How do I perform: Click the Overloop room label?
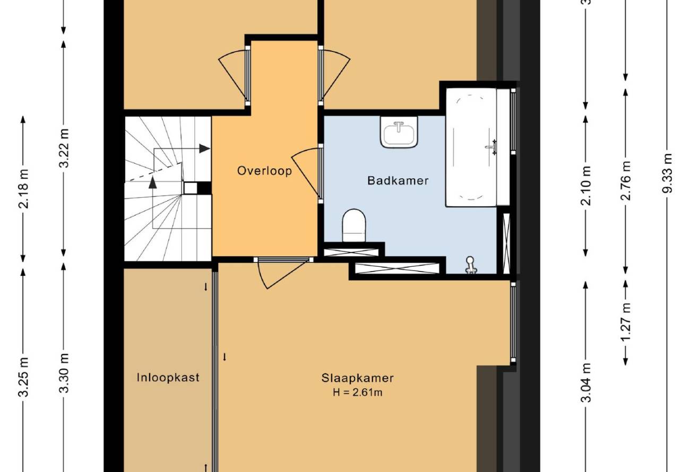click(264, 171)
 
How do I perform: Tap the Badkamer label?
click(398, 180)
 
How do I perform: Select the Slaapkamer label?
click(358, 378)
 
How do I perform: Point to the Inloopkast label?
click(168, 377)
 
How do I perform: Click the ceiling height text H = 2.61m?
click(358, 392)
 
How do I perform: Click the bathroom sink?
click(399, 132)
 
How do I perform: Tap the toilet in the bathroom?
click(354, 225)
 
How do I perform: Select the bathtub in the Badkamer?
click(471, 147)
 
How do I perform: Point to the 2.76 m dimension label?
click(626, 180)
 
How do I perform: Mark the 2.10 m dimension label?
click(585, 186)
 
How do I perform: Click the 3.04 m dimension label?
click(585, 382)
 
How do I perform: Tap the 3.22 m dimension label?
click(64, 147)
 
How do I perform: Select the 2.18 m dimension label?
click(23, 189)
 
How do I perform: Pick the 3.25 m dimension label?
click(23, 377)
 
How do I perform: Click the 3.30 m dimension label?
click(64, 373)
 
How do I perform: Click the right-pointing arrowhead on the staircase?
click(204, 148)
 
